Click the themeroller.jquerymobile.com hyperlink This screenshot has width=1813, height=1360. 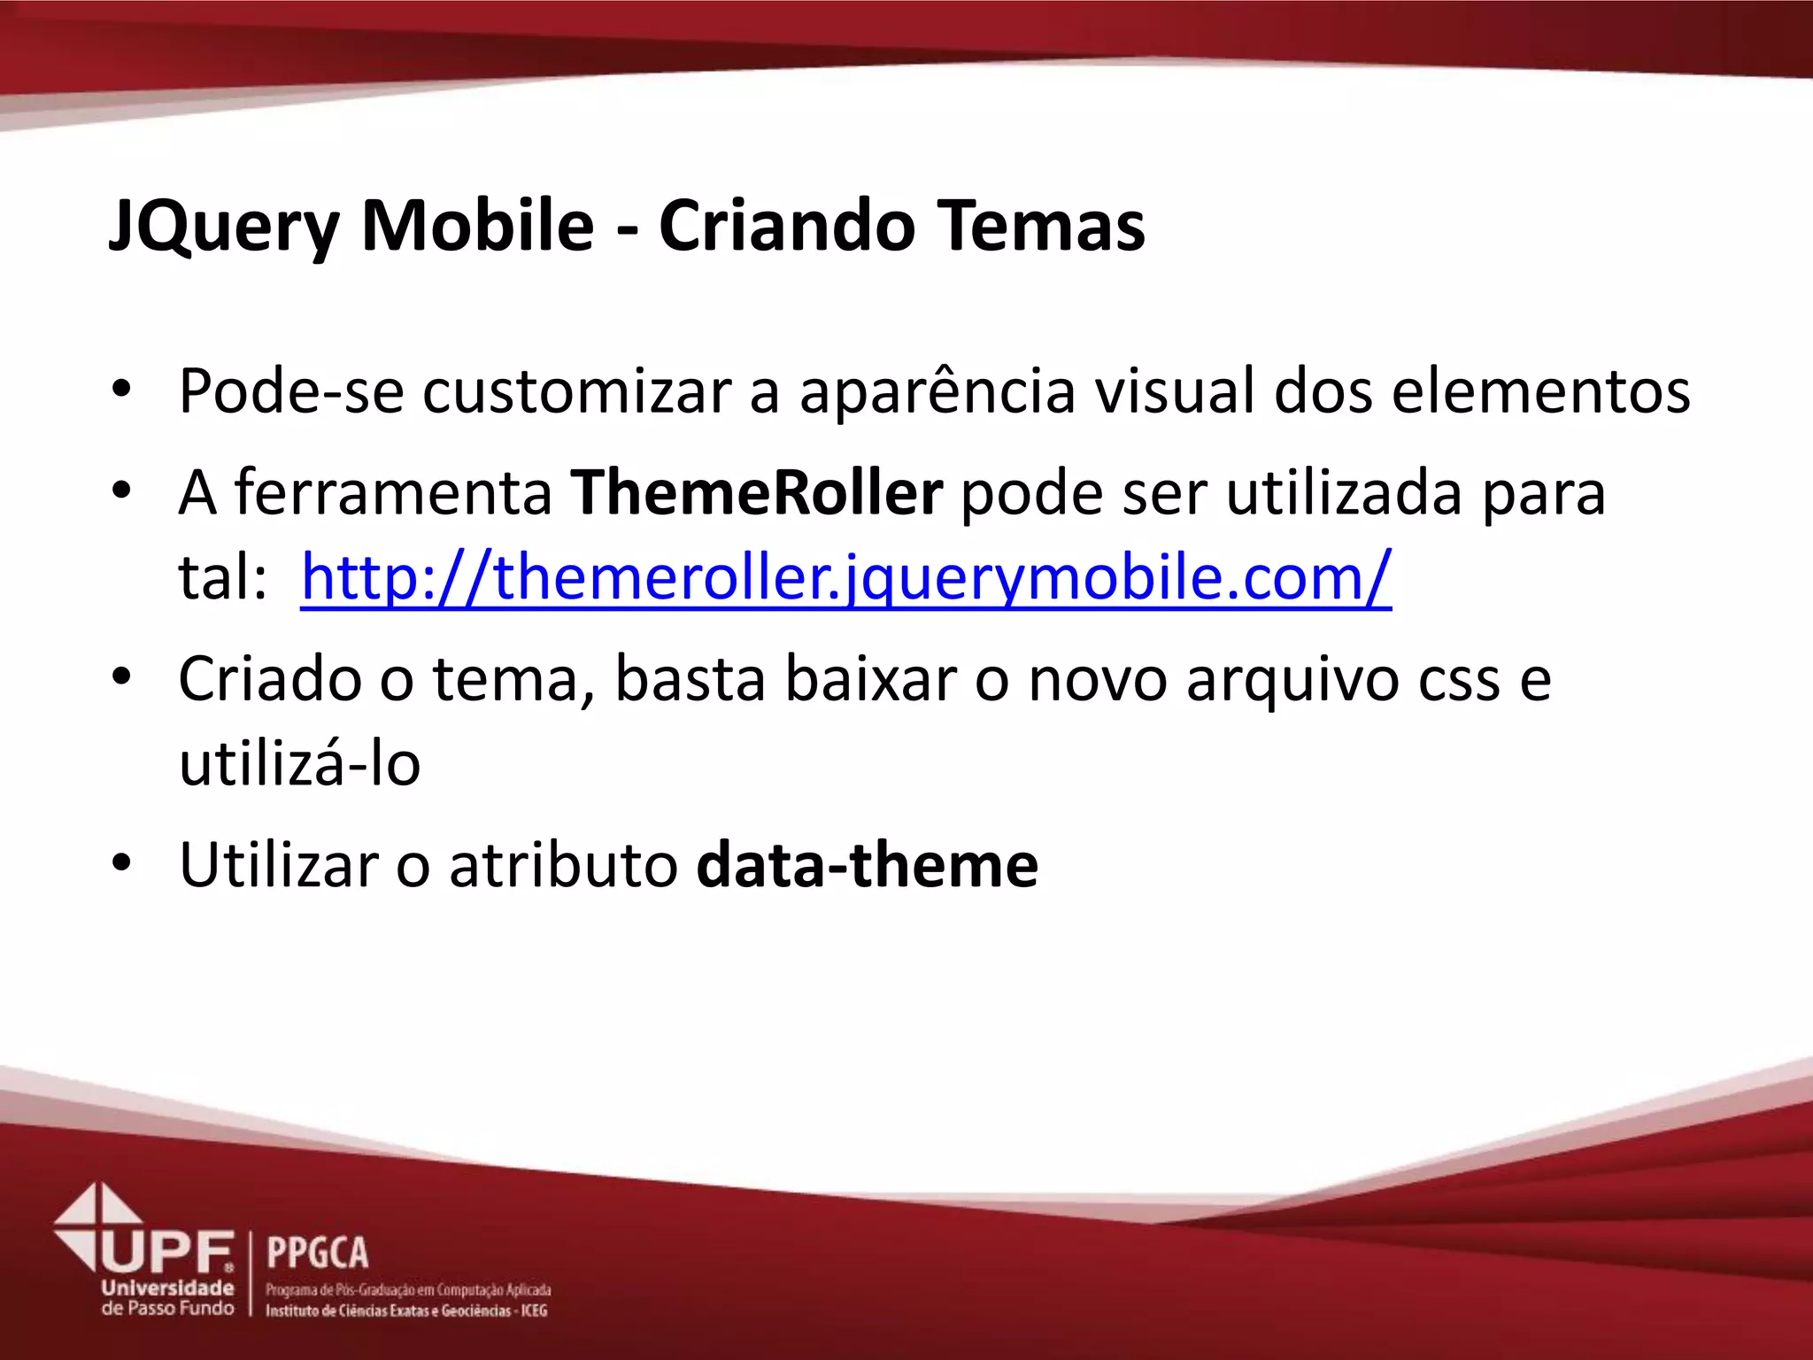coord(845,577)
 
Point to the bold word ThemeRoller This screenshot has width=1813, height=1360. coord(756,492)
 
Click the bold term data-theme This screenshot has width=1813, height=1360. coord(867,865)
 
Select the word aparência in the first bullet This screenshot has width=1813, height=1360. coord(937,390)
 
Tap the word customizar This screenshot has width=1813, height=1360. coord(576,390)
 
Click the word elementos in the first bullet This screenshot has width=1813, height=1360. coord(1540,390)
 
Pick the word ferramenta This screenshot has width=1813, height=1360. coord(393,492)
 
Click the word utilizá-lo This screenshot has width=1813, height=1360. coord(299,764)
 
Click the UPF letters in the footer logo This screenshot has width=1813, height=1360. coord(168,1252)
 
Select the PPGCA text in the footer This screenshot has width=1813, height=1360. coord(317,1253)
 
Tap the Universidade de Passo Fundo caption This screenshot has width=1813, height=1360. coord(167,1297)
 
